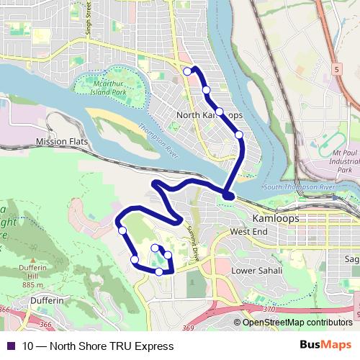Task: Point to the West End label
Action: tap(248, 232)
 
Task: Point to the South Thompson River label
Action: tap(299, 187)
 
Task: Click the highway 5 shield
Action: tap(336, 69)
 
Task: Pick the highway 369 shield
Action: tap(189, 328)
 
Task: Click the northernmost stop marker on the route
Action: tap(187, 71)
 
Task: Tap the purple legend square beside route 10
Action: tap(10, 346)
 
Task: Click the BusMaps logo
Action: tap(325, 346)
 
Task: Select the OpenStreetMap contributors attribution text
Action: tap(297, 322)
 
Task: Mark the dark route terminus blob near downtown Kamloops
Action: tap(228, 194)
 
